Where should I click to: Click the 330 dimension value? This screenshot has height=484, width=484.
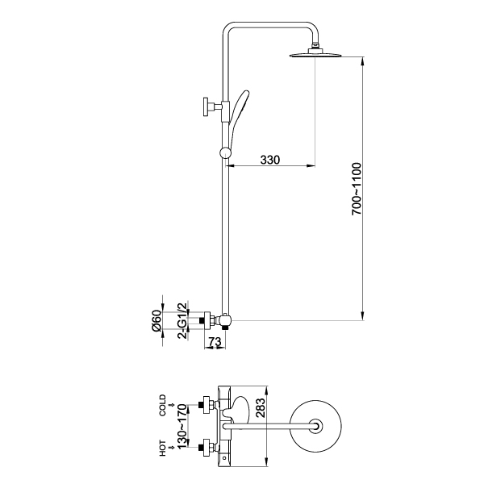[x=270, y=160]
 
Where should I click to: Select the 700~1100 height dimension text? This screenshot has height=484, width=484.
[x=357, y=189]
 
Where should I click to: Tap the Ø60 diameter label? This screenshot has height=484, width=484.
[x=156, y=321]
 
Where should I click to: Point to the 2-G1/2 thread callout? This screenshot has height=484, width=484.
[x=182, y=321]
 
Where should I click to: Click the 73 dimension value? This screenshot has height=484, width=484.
[x=215, y=342]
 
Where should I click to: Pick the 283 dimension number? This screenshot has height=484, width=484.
[x=261, y=408]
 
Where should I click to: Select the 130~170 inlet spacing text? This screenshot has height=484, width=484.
[x=182, y=426]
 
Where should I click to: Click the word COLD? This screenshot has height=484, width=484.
[x=162, y=405]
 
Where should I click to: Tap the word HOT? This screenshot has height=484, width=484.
[x=162, y=449]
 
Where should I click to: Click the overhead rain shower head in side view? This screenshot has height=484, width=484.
[x=315, y=53]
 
